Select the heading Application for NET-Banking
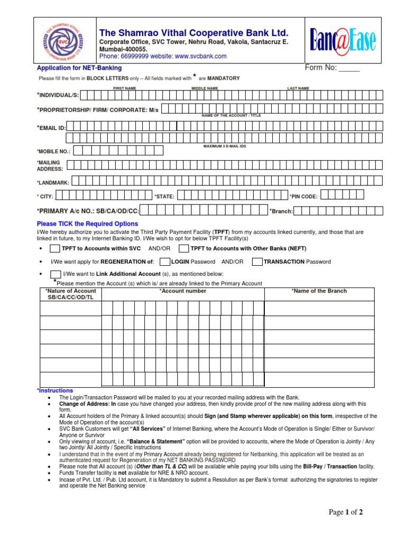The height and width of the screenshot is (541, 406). pos(79,68)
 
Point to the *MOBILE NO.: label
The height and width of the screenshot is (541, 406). pos(53,151)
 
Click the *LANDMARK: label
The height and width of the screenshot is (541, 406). pos(53,182)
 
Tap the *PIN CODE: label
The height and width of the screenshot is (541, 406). pos(303,197)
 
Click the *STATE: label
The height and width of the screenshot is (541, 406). pos(164,197)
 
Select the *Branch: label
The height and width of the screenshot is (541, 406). pos(281,211)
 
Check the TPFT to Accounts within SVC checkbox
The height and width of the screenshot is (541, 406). pos(55,248)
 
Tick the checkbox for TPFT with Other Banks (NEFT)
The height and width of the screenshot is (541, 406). pos(184,248)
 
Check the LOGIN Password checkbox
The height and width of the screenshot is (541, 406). pos(164,262)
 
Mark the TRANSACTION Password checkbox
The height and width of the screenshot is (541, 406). pos(257,262)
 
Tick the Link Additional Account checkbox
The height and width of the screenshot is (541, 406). pos(56,274)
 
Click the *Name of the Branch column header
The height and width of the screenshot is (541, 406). pos(319,291)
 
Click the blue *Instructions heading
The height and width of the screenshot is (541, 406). pos(55,390)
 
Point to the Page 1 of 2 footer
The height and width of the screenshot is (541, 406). pos(346,512)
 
